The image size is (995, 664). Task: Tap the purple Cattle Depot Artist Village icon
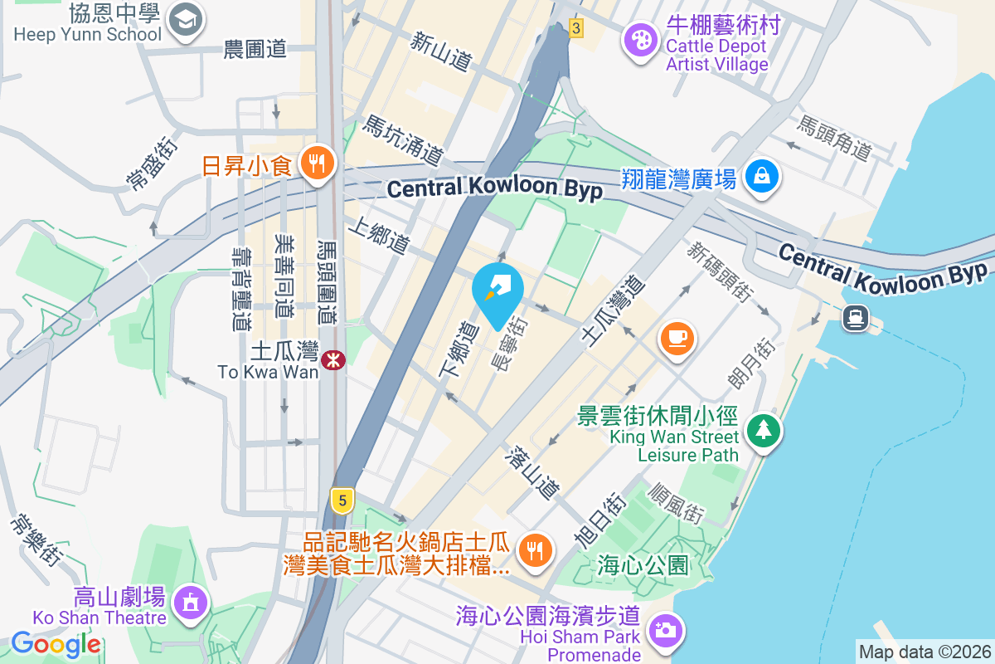point(641,38)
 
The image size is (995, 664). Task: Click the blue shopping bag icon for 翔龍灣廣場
point(760,176)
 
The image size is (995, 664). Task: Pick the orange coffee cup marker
point(677,337)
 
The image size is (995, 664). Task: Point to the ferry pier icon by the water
point(855,317)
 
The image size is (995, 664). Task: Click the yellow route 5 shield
point(342,500)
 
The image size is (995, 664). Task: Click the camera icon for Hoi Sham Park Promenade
point(664,630)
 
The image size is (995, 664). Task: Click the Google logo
point(56,643)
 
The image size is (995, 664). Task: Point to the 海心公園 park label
point(643,566)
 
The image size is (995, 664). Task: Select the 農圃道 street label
point(255,50)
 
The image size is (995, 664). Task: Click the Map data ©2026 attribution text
point(925,652)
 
